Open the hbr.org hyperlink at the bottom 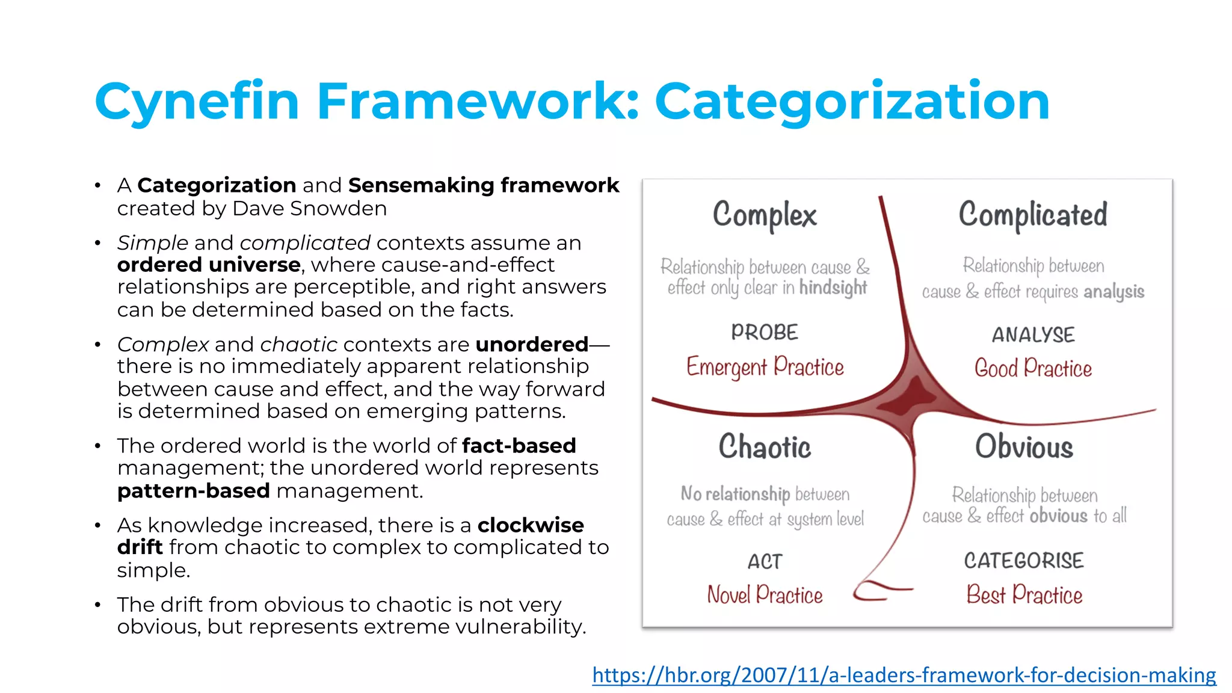click(x=904, y=675)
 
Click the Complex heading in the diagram click(x=765, y=215)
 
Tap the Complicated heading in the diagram click(x=1032, y=215)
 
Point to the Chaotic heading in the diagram click(x=765, y=447)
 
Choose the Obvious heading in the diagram click(x=1024, y=447)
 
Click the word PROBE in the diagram click(x=765, y=332)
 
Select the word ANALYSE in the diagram click(x=1033, y=334)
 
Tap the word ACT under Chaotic click(x=765, y=562)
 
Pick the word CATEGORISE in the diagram click(x=1024, y=561)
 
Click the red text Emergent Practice click(x=765, y=367)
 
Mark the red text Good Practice click(x=1033, y=368)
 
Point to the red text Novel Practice click(x=765, y=595)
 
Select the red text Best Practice click(x=1024, y=595)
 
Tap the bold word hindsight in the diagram click(x=833, y=288)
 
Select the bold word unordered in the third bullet click(x=532, y=345)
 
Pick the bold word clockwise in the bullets click(x=531, y=525)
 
